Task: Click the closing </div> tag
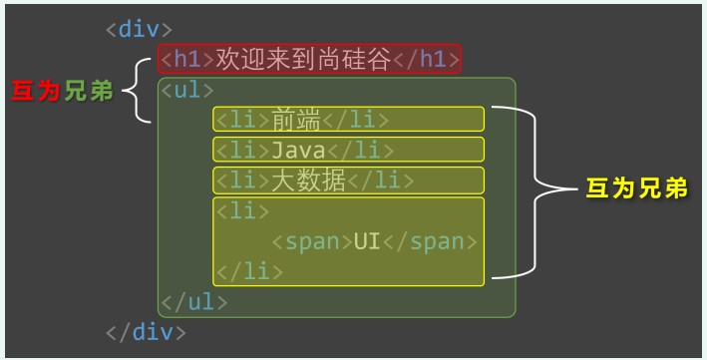(146, 331)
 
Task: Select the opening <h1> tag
(182, 59)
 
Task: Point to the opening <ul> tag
(187, 90)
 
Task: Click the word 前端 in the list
(296, 120)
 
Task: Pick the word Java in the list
(297, 151)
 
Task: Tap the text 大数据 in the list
(309, 180)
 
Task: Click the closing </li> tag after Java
(358, 151)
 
